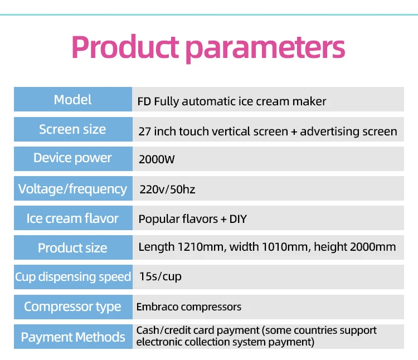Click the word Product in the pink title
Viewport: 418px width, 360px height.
(125, 47)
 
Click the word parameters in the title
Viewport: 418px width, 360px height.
(265, 50)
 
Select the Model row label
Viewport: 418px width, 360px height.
(72, 100)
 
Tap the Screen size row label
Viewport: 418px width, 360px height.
(72, 129)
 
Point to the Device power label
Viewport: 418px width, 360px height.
(72, 158)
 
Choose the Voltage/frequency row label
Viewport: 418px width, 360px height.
(72, 189)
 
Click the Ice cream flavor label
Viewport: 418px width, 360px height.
(72, 218)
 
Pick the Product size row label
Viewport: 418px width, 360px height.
(72, 248)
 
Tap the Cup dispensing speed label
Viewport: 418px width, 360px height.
(73, 277)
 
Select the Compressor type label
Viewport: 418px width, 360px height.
(72, 307)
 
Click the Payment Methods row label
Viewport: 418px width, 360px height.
(73, 337)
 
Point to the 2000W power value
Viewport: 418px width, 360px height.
(157, 159)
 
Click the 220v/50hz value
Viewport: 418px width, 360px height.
(167, 189)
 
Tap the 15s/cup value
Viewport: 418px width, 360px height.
(160, 276)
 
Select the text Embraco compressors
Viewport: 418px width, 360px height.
(189, 307)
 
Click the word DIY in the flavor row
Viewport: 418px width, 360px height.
(238, 219)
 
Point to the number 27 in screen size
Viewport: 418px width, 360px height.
(144, 132)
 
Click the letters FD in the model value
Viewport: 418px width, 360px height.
(144, 101)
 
